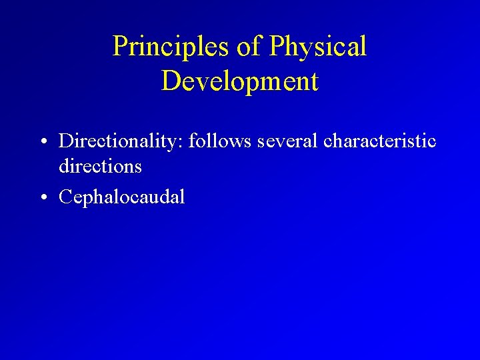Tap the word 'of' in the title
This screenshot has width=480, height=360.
[x=251, y=47]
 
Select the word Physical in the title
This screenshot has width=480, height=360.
[x=319, y=47]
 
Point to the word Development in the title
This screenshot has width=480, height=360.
[x=240, y=81]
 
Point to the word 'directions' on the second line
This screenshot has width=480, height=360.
[x=100, y=166]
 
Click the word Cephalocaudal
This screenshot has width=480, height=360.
[x=121, y=197]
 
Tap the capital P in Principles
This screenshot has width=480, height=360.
[x=120, y=47]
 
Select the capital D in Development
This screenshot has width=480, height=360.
[x=171, y=81]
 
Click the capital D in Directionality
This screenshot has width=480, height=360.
[x=66, y=141]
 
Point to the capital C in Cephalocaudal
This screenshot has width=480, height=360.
[x=66, y=197]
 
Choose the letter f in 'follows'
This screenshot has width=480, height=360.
[x=193, y=141]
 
